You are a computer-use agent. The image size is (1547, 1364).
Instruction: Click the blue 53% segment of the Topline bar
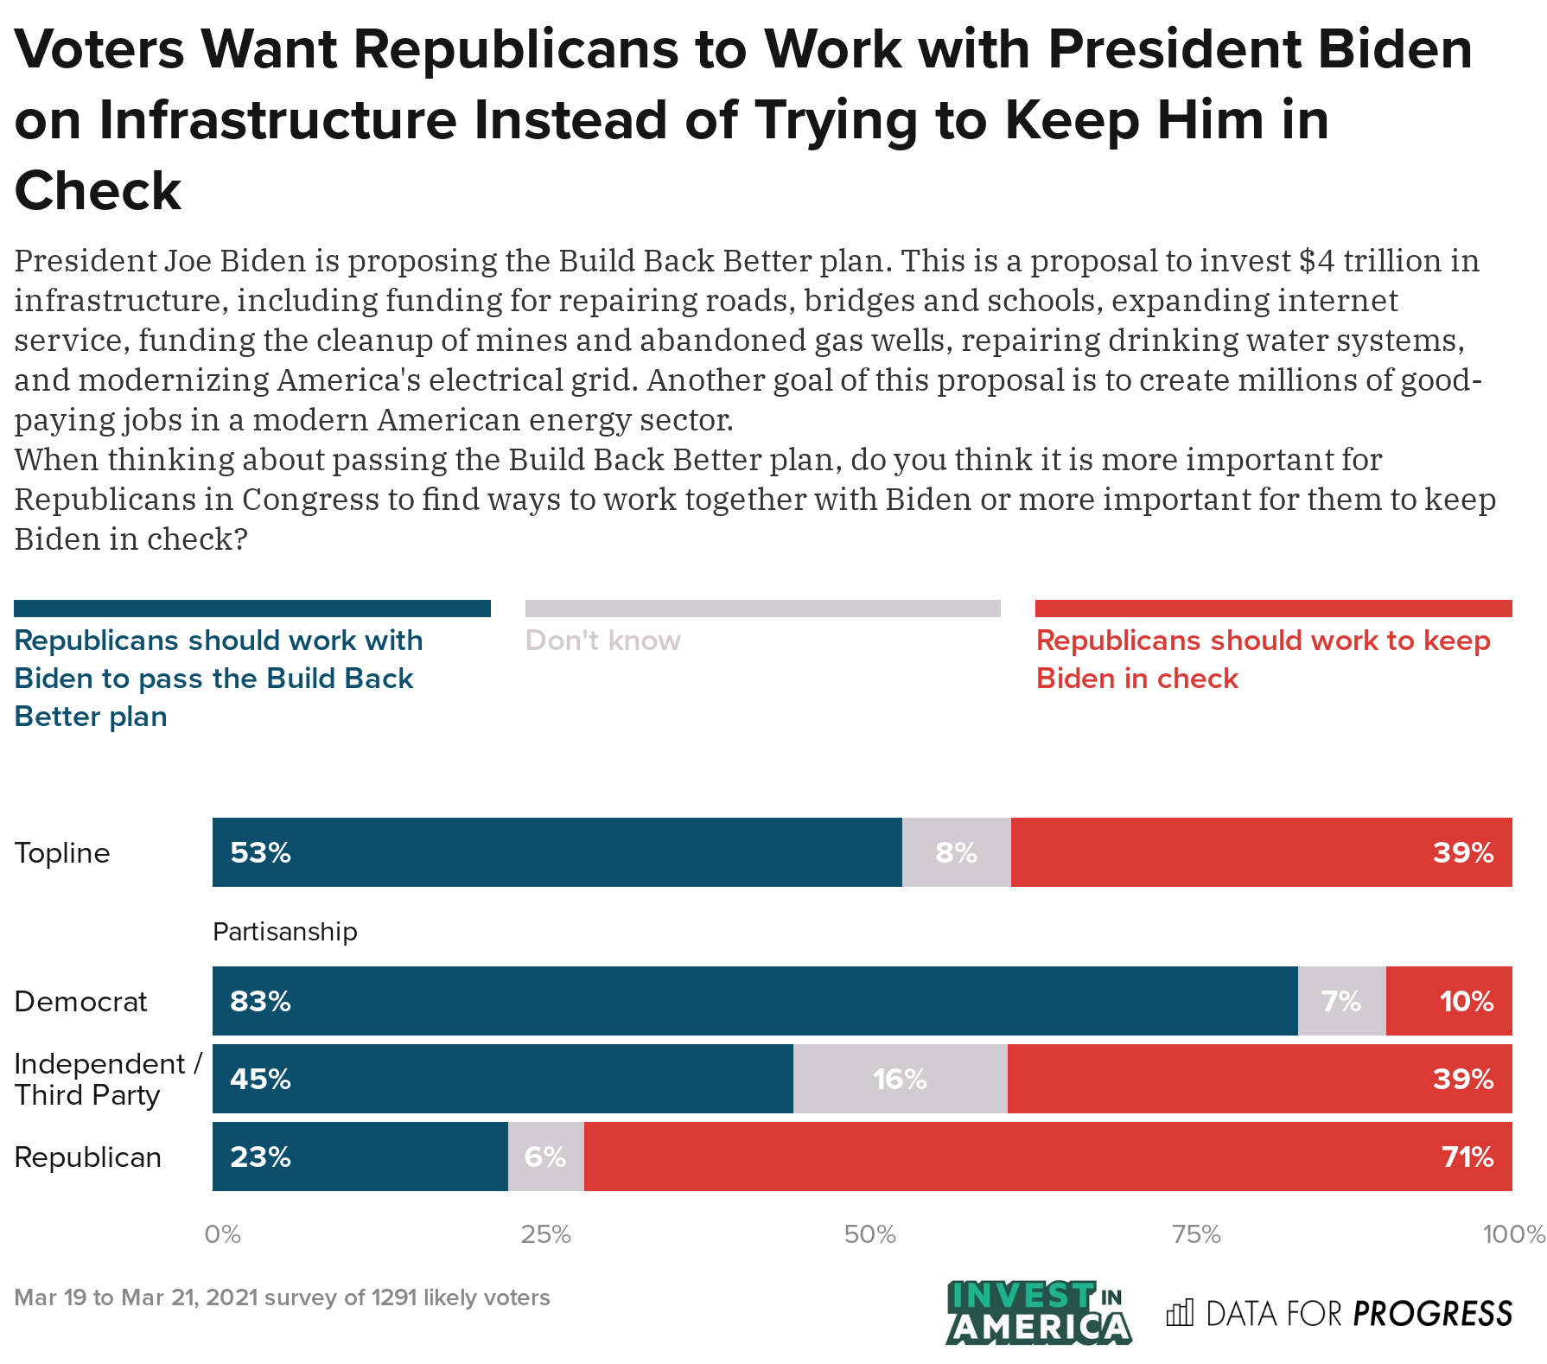[557, 852]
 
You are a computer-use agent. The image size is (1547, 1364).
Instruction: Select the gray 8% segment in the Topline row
[956, 852]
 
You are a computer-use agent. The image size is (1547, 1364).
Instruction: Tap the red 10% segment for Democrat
[1448, 1001]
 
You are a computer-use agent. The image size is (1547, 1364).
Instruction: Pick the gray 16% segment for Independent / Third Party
[900, 1079]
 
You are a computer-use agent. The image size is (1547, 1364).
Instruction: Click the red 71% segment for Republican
[1047, 1157]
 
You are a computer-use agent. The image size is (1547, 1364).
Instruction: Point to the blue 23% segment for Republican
[360, 1157]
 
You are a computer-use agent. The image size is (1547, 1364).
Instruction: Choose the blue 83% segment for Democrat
[754, 1001]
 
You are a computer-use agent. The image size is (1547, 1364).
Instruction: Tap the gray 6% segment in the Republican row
[545, 1157]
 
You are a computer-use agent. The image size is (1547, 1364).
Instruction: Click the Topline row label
[62, 853]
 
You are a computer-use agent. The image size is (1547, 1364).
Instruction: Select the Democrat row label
[81, 1002]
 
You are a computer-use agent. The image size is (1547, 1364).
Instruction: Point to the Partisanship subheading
[284, 932]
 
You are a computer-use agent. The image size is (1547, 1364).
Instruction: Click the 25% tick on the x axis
[545, 1234]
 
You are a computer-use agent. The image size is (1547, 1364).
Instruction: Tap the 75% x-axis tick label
[1196, 1234]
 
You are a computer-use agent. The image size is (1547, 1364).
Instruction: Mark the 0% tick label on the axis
[222, 1234]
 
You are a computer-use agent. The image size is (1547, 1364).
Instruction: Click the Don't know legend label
[602, 641]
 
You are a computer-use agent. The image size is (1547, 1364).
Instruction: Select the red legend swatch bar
[1273, 609]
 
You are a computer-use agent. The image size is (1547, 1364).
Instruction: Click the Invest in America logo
[1038, 1312]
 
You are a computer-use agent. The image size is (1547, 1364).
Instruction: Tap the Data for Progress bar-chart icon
[1179, 1313]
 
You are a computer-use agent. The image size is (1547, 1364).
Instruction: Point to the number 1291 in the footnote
[394, 1297]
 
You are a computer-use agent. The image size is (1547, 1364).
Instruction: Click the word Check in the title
[98, 191]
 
